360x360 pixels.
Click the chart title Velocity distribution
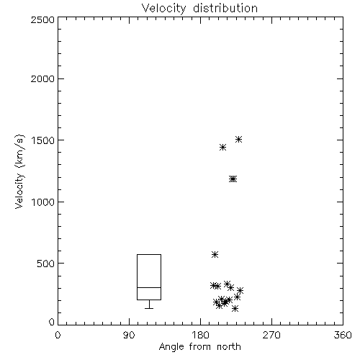(x=199, y=8)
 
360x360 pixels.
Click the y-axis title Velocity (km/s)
(x=19, y=171)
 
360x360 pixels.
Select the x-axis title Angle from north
(x=199, y=347)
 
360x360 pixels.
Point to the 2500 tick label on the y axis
(x=42, y=19)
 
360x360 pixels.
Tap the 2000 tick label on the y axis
(x=42, y=78)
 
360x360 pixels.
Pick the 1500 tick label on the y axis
(x=43, y=140)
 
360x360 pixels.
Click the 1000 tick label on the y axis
(x=43, y=202)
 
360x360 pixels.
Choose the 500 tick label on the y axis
(x=46, y=264)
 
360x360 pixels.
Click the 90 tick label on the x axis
(x=129, y=335)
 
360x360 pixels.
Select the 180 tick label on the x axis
(x=200, y=335)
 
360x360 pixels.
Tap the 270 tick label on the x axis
(x=271, y=335)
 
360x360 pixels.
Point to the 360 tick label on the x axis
(x=343, y=335)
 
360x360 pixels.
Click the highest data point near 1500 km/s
(x=238, y=139)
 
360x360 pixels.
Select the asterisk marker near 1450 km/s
(x=223, y=147)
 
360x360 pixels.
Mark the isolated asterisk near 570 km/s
(x=215, y=254)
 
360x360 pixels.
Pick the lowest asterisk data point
(x=235, y=308)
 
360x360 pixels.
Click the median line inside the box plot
(x=149, y=287)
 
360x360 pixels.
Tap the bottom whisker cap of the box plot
(x=149, y=308)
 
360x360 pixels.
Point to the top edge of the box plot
(x=149, y=254)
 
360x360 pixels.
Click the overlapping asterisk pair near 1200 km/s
(x=233, y=179)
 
